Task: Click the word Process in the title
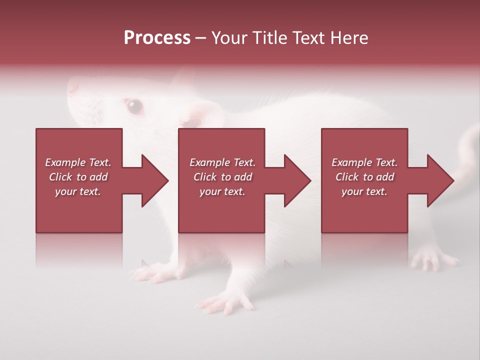pyautogui.click(x=157, y=38)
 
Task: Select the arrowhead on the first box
pyautogui.click(x=150, y=180)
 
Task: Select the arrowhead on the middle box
pyautogui.click(x=293, y=180)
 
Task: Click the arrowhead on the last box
pyautogui.click(x=435, y=180)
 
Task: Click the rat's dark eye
pyautogui.click(x=134, y=105)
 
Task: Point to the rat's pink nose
pyautogui.click(x=73, y=88)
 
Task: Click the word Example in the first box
pyautogui.click(x=65, y=162)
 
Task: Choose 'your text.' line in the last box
pyautogui.click(x=364, y=191)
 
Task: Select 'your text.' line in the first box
pyautogui.click(x=77, y=191)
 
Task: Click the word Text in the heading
pyautogui.click(x=305, y=38)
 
